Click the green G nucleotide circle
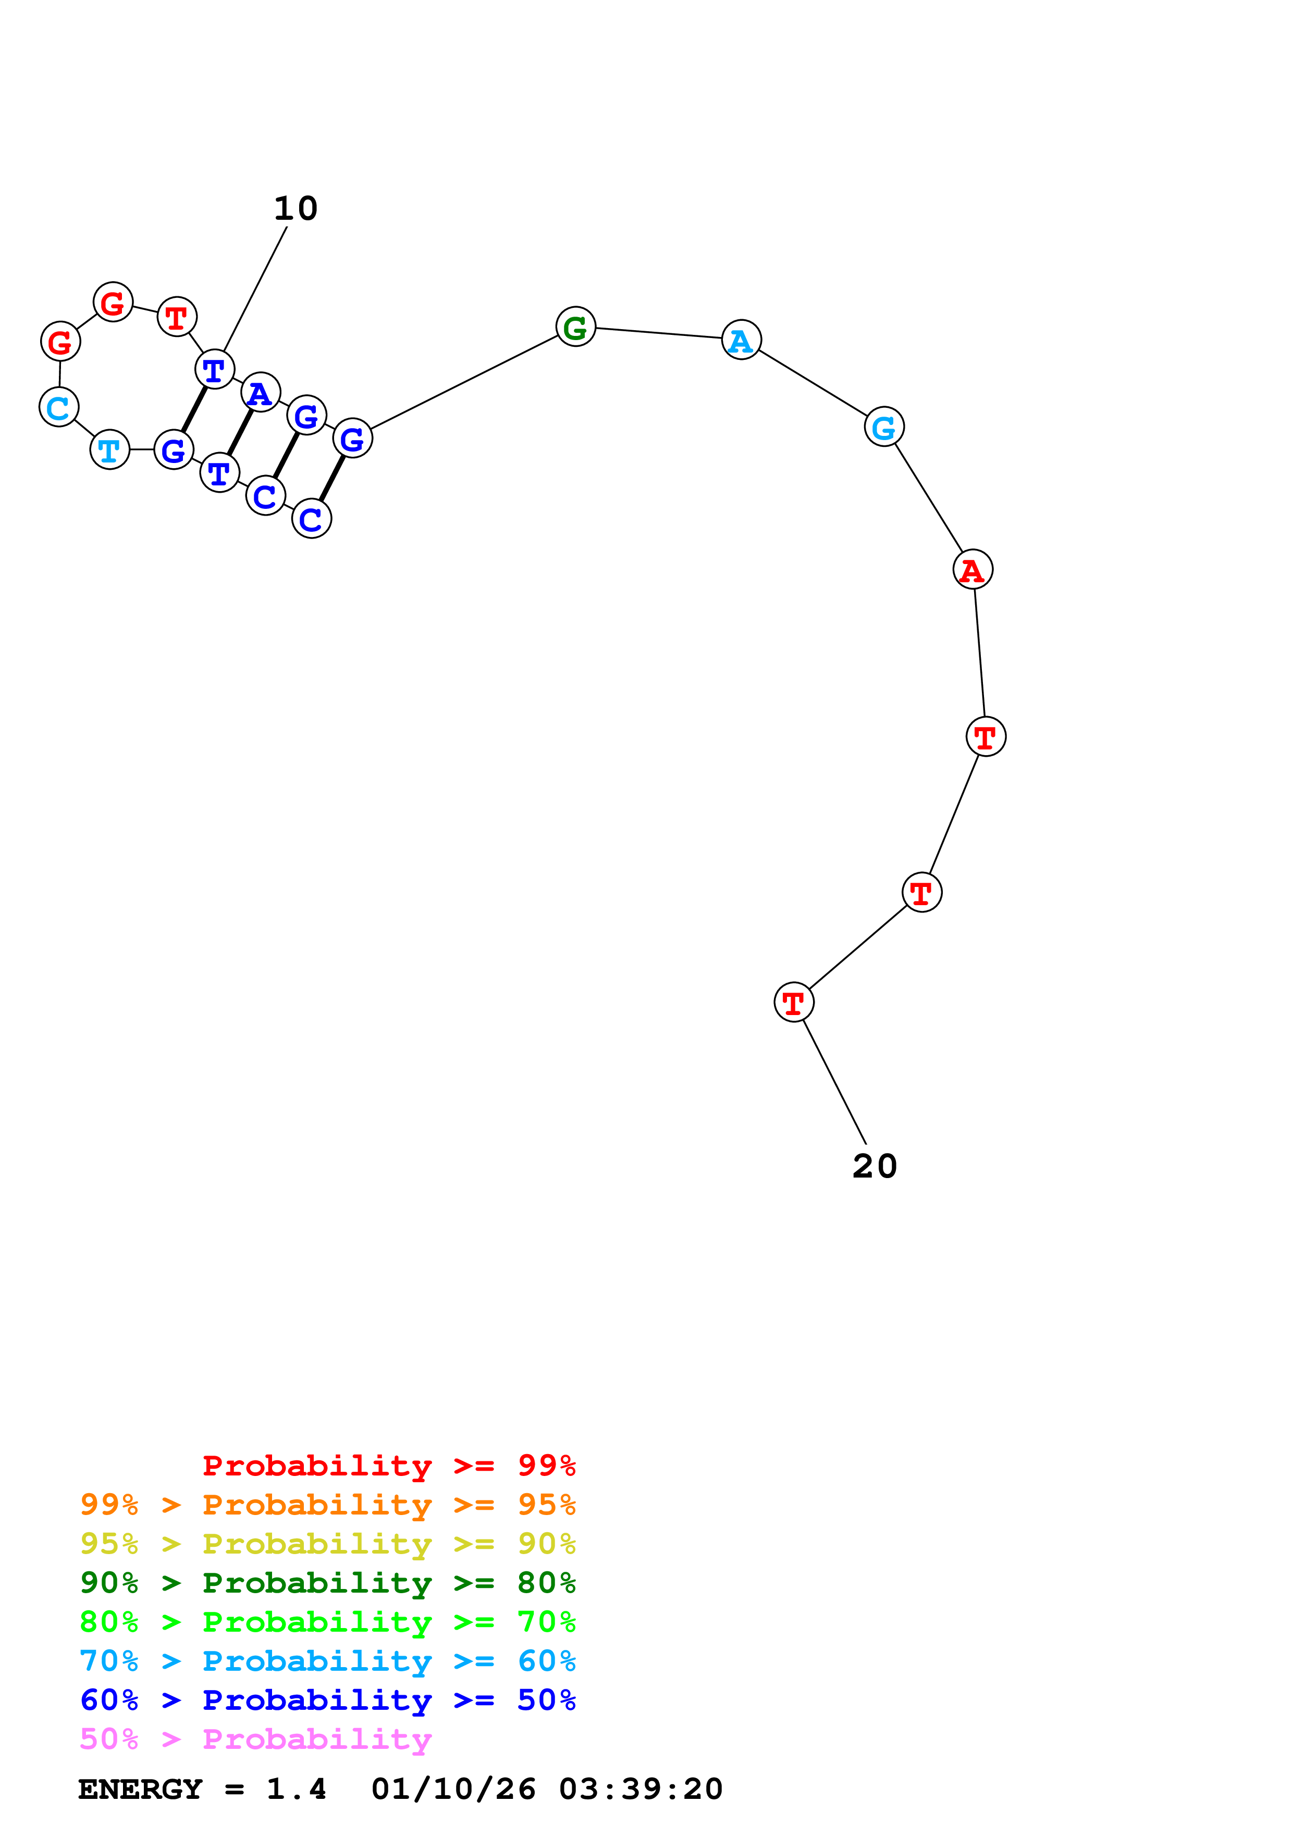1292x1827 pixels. (575, 326)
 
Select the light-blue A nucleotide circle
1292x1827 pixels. (741, 340)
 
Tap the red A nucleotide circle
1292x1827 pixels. (973, 569)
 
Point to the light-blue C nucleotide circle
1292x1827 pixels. (59, 407)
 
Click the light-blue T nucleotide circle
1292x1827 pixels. (110, 449)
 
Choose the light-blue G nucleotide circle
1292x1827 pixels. (884, 427)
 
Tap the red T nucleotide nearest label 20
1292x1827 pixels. (794, 1002)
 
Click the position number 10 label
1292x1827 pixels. (296, 208)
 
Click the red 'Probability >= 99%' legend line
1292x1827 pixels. (389, 1465)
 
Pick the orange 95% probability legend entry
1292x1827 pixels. (328, 1504)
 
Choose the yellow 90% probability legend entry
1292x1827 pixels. (328, 1543)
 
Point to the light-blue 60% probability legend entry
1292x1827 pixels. (328, 1661)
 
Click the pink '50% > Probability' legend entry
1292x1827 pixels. (255, 1738)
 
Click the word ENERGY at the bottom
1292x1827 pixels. (140, 1789)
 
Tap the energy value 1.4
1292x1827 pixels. (296, 1789)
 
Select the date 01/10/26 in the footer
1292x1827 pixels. (454, 1789)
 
